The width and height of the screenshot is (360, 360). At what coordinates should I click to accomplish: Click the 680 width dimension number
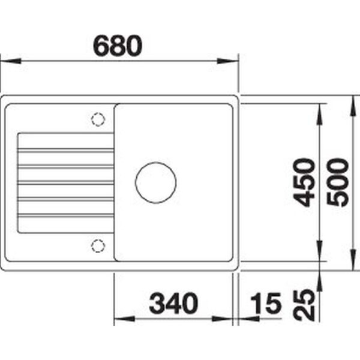click(118, 46)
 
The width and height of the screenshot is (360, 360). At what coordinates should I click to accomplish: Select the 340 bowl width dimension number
click(173, 303)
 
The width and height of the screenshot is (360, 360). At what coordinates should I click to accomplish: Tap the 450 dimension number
click(304, 182)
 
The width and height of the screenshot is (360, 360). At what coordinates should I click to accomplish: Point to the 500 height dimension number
click(337, 182)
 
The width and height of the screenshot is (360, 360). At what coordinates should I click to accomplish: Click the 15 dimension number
click(266, 303)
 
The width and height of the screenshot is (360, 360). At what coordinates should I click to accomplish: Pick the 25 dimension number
click(304, 305)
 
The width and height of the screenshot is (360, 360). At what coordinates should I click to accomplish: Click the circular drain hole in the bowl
click(155, 183)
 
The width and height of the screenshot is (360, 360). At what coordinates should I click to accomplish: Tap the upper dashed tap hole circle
click(98, 119)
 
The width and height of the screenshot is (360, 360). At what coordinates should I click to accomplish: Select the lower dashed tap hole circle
click(98, 246)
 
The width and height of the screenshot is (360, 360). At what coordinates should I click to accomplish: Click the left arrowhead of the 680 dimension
click(11, 61)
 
